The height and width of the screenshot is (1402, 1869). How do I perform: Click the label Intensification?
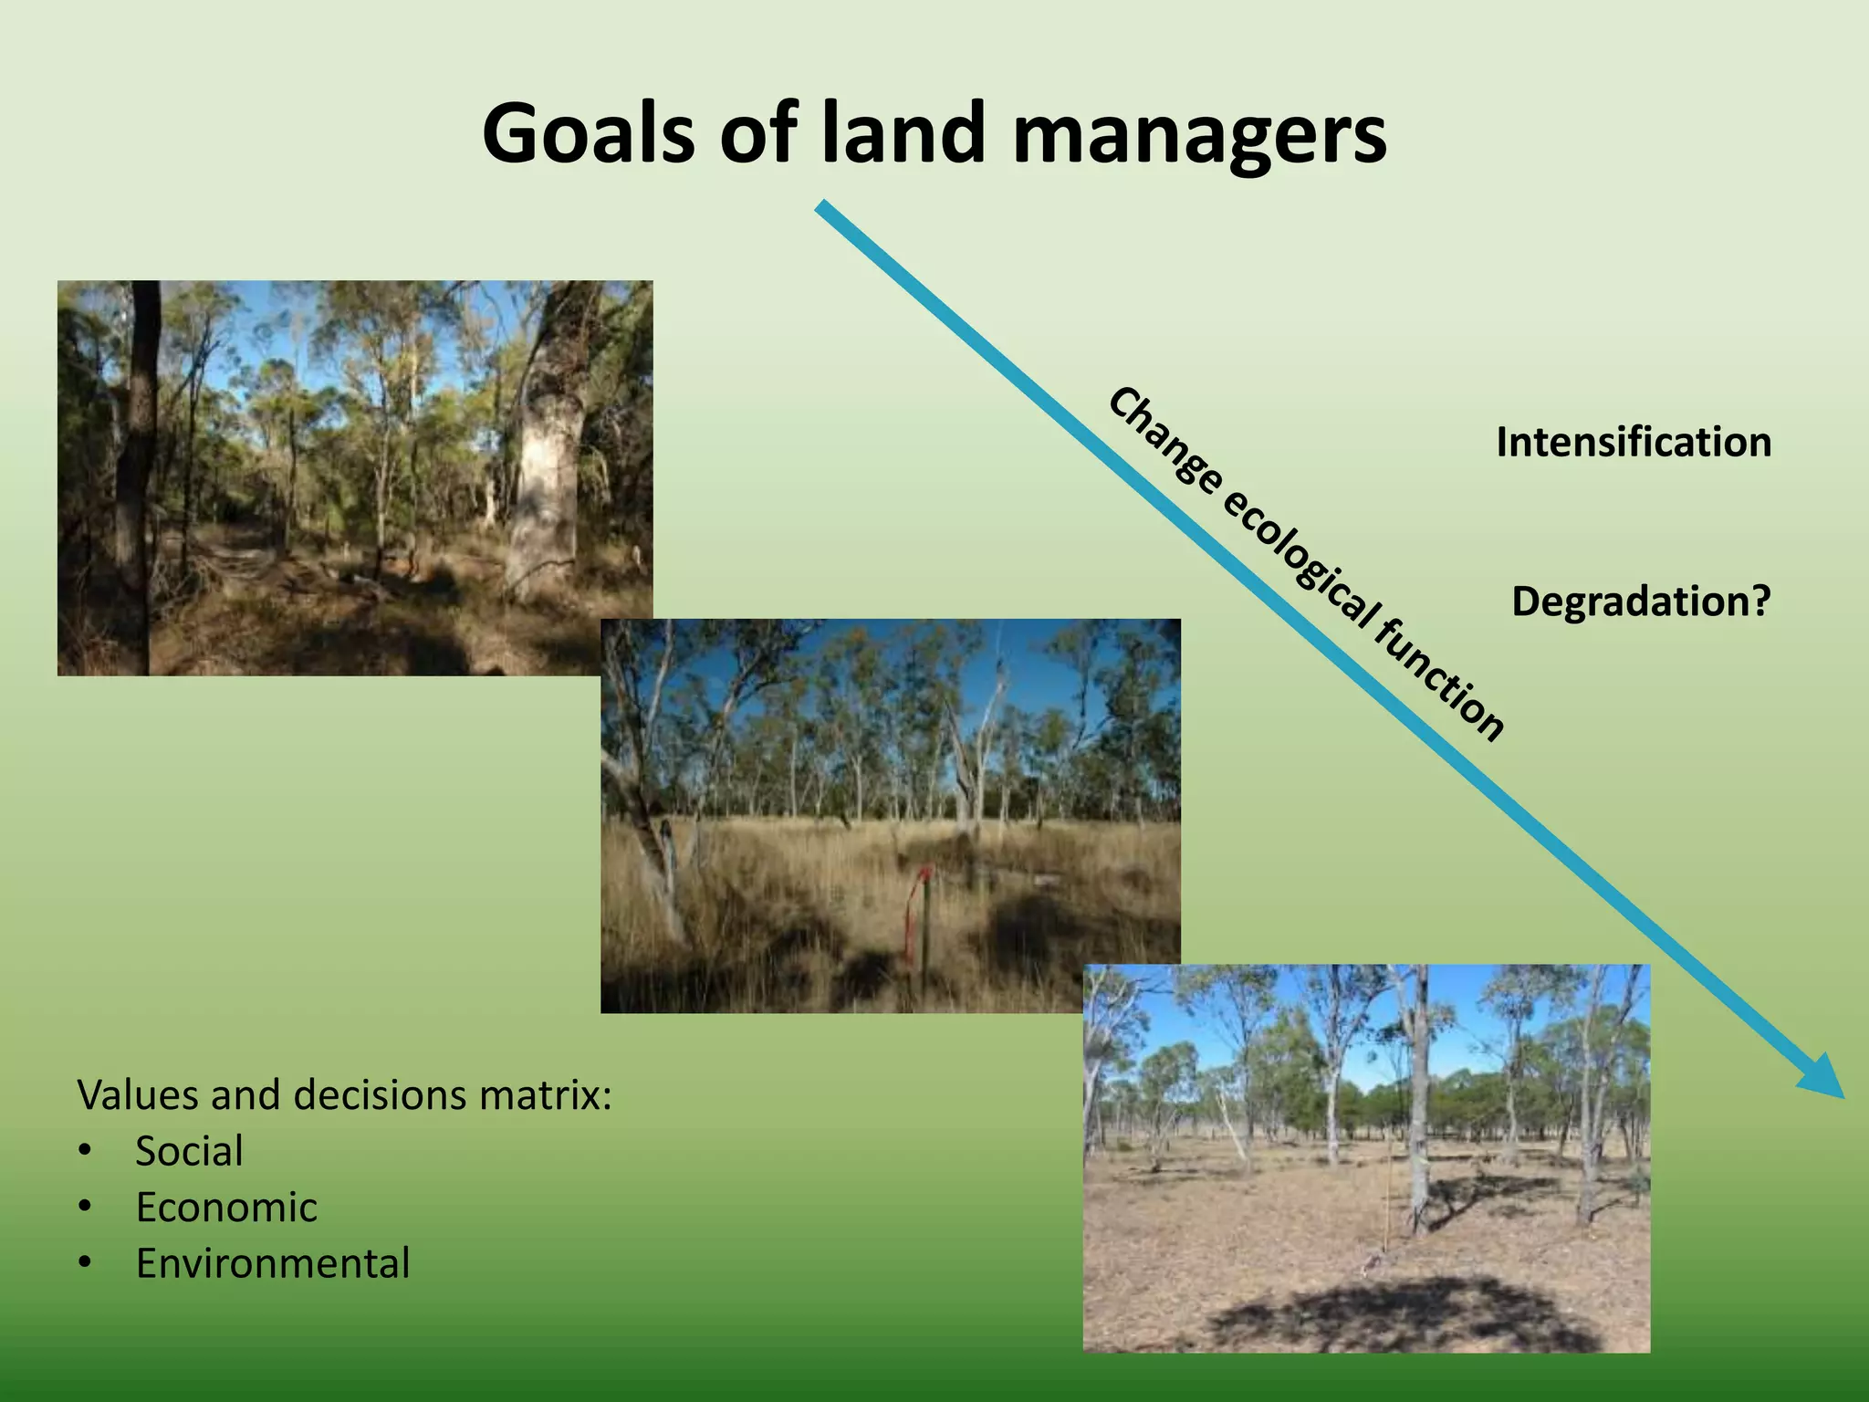[1634, 443]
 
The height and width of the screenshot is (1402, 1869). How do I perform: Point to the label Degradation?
[1641, 602]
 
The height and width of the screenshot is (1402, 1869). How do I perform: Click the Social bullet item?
[189, 1152]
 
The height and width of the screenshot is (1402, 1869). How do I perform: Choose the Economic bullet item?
[226, 1208]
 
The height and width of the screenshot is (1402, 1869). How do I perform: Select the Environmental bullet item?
[273, 1264]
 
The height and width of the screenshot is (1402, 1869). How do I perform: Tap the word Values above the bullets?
[137, 1095]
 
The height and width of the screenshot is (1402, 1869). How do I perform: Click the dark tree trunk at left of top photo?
[137, 475]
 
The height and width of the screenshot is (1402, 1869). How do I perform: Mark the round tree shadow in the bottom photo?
[1405, 1314]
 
